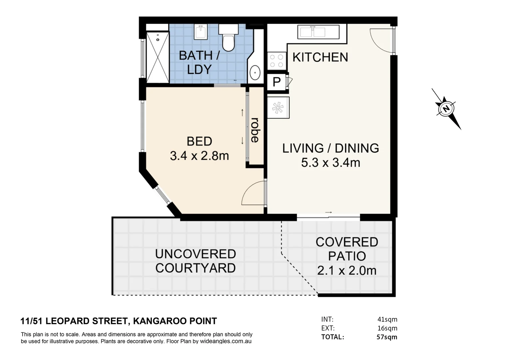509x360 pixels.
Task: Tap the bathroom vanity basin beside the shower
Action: click(x=201, y=32)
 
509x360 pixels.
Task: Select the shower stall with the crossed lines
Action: click(x=158, y=58)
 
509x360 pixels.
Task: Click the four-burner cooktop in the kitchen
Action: click(x=276, y=61)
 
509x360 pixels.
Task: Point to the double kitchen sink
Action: click(x=318, y=32)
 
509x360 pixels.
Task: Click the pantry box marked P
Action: click(x=276, y=82)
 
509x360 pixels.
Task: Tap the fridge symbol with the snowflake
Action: click(x=278, y=108)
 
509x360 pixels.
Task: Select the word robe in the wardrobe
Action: click(x=255, y=130)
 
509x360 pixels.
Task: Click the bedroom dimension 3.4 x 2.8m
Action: click(x=199, y=156)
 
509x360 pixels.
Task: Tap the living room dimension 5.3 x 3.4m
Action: click(x=331, y=163)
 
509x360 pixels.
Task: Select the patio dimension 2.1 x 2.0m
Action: click(x=347, y=271)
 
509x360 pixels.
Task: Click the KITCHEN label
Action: click(x=320, y=57)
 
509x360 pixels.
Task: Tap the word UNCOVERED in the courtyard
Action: click(x=196, y=254)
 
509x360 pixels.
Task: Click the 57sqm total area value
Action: click(x=387, y=337)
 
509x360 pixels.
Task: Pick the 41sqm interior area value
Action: click(x=387, y=319)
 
